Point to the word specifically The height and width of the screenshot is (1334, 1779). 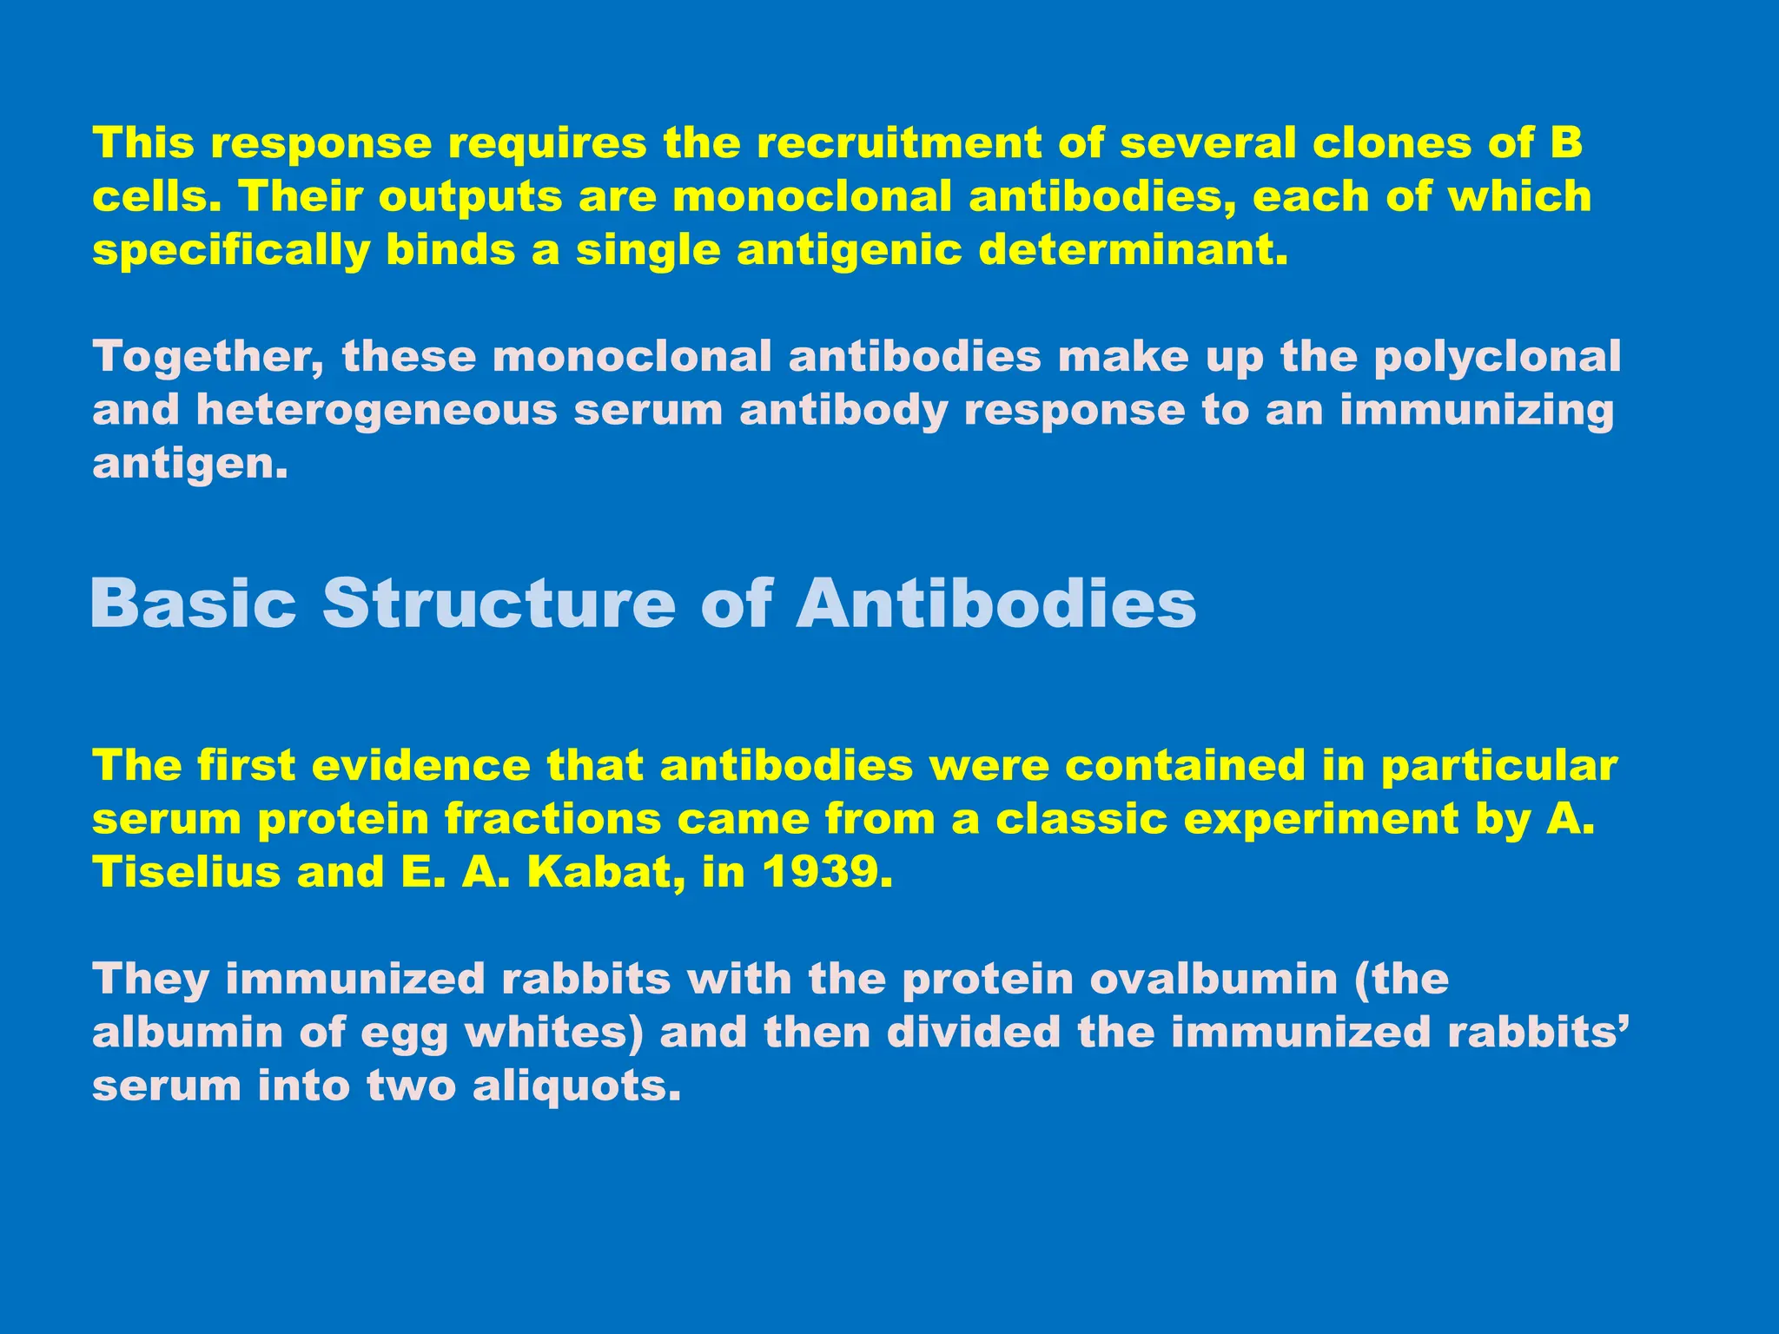click(x=231, y=252)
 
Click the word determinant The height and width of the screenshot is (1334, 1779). click(x=1134, y=251)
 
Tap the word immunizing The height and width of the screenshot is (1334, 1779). click(x=1476, y=412)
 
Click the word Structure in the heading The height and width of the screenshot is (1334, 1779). click(x=499, y=603)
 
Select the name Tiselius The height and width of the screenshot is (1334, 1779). click(x=187, y=873)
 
